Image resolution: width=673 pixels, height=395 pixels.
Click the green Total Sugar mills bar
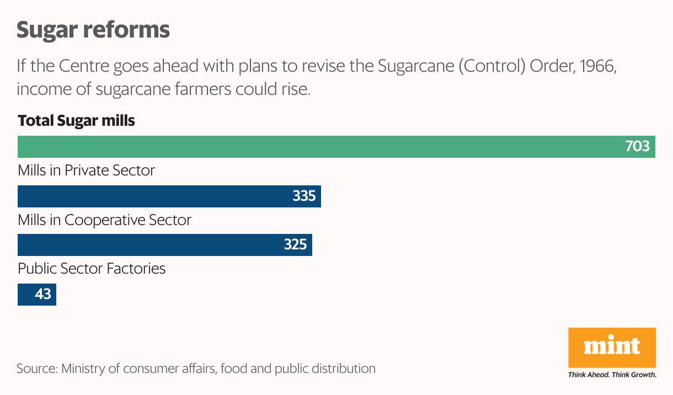click(336, 147)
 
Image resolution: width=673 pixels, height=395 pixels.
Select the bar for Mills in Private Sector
click(169, 196)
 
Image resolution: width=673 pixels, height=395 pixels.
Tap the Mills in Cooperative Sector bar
click(165, 245)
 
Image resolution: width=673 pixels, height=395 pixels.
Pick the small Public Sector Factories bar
click(37, 295)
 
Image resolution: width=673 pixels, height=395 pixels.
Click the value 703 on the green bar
click(637, 146)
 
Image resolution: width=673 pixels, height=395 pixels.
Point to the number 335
click(304, 196)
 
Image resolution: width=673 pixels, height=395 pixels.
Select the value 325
click(295, 244)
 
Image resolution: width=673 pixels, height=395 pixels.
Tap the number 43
click(42, 294)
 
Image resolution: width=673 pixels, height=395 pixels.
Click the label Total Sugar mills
click(76, 121)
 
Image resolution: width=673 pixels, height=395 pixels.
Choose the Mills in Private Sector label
click(86, 170)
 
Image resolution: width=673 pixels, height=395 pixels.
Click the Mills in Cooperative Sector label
click(104, 220)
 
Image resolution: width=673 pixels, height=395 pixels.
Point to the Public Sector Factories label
click(92, 269)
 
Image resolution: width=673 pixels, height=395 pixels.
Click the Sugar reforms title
click(93, 30)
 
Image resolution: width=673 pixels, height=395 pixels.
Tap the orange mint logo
click(612, 348)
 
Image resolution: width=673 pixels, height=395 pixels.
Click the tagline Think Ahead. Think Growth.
click(612, 375)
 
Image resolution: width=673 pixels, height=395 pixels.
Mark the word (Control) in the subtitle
click(492, 66)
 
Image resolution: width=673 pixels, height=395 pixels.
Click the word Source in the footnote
click(37, 369)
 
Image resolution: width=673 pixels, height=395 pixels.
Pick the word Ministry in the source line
click(83, 369)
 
